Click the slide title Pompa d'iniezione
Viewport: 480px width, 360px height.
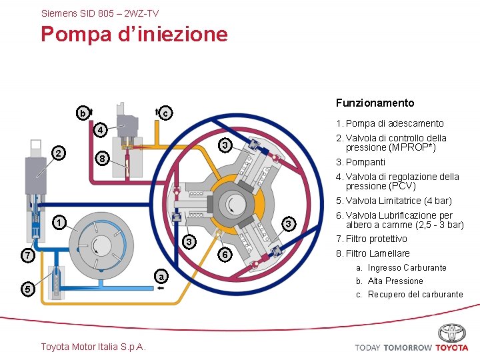(x=134, y=34)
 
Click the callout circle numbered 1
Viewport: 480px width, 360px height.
(x=59, y=223)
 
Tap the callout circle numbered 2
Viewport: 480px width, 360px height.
(x=59, y=154)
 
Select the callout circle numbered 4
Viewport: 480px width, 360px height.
(x=99, y=129)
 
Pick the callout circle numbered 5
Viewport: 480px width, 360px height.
(x=27, y=289)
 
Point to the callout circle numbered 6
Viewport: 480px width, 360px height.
(x=226, y=255)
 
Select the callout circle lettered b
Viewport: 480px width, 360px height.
(x=82, y=114)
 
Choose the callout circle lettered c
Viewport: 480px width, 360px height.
(x=165, y=114)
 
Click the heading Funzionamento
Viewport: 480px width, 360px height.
(x=375, y=103)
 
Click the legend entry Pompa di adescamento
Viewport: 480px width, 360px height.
(x=390, y=123)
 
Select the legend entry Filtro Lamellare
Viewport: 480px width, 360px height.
(x=373, y=253)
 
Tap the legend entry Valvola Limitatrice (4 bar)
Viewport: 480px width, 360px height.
(x=394, y=201)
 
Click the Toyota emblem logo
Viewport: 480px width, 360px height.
(x=451, y=333)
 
